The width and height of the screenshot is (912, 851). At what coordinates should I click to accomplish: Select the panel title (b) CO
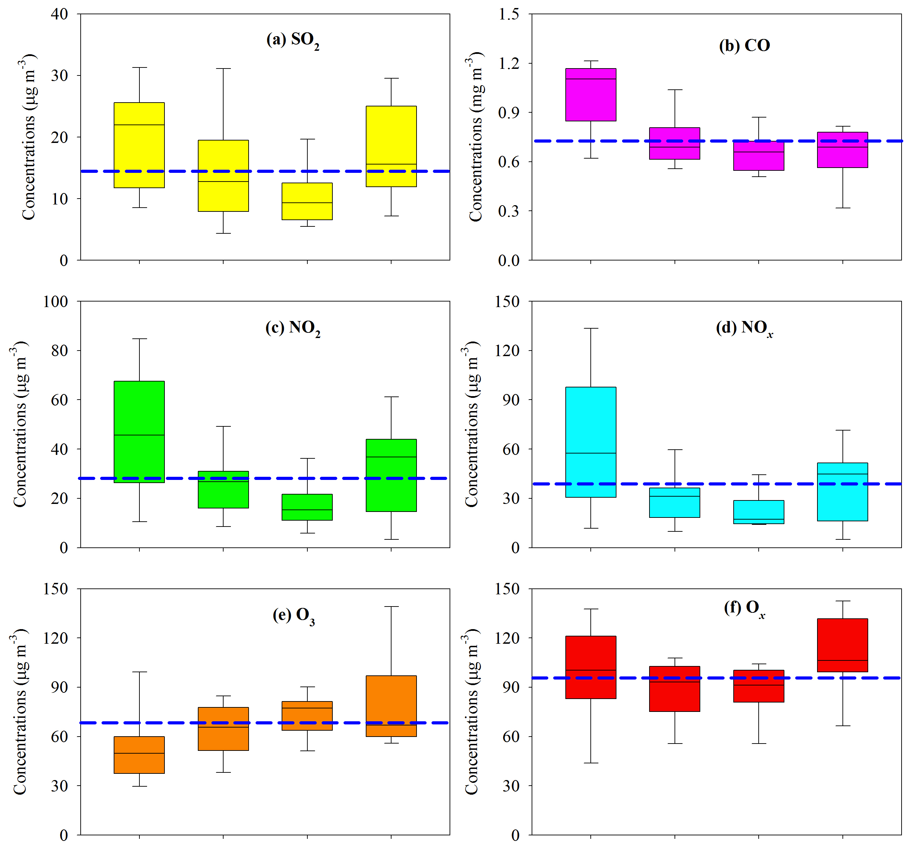tap(744, 46)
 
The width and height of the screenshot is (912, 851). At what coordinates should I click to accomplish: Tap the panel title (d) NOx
tap(744, 328)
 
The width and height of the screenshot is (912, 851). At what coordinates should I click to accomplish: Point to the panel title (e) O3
tap(293, 615)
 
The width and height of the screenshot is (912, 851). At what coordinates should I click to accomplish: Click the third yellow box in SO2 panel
tap(307, 201)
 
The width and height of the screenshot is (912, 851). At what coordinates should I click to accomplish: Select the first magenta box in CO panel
tap(590, 95)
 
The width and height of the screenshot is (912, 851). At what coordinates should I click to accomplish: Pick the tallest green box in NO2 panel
tap(139, 432)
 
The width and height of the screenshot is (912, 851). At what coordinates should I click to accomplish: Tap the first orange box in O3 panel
tap(139, 755)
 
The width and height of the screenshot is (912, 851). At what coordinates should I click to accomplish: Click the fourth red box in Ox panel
tap(842, 645)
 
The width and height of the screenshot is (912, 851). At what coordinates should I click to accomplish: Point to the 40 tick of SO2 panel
tap(60, 14)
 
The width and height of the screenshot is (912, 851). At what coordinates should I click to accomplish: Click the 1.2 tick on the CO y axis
tap(509, 63)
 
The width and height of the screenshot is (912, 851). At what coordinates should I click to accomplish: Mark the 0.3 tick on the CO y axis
tap(509, 211)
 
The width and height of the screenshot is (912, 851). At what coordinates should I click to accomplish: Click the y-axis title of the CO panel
tap(476, 137)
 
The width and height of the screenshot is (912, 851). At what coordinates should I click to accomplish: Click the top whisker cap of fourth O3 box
tap(391, 607)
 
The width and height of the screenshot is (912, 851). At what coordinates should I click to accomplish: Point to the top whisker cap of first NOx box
tap(590, 329)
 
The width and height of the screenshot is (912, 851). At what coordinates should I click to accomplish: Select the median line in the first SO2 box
tap(139, 125)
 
